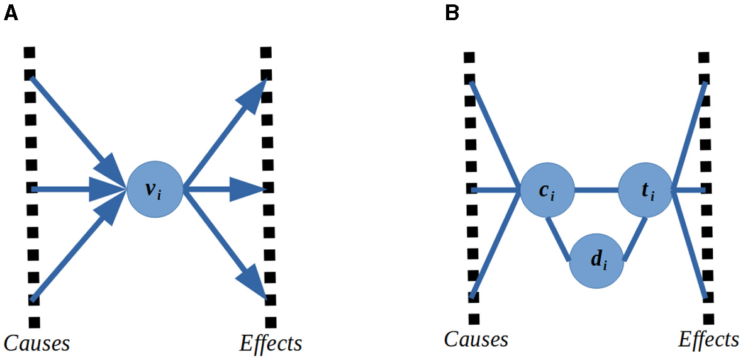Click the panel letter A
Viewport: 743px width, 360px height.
[11, 12]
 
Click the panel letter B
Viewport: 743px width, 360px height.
[452, 12]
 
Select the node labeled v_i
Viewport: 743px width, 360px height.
[155, 189]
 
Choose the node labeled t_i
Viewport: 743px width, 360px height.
[645, 189]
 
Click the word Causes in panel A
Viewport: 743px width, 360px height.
[36, 343]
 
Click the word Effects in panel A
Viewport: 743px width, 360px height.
[271, 343]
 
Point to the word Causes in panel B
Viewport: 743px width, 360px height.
[476, 339]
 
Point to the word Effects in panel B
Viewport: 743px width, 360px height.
[708, 339]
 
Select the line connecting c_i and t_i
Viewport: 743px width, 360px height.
[596, 189]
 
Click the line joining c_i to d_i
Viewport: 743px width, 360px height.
[559, 239]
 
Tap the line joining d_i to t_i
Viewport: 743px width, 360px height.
[635, 239]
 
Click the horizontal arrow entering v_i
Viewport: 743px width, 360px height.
[69, 189]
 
